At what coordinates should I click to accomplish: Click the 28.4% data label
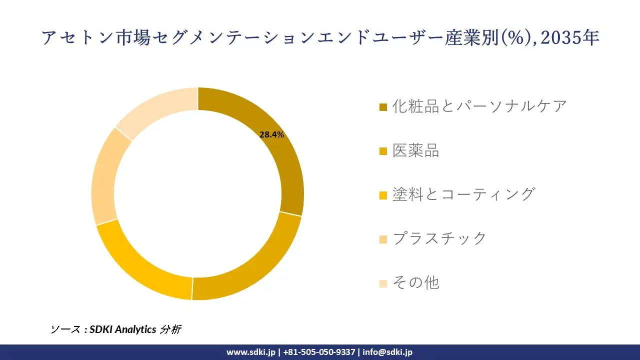[x=271, y=134]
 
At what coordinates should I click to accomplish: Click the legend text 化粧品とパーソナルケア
[x=479, y=106]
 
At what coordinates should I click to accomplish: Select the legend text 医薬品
[x=415, y=150]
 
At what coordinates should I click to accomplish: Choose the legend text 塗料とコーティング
[x=463, y=194]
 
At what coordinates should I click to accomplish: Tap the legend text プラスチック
[x=439, y=238]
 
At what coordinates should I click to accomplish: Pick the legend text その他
[x=415, y=282]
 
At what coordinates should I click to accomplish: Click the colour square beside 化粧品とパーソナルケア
[x=383, y=107]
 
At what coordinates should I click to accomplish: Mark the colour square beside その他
[x=383, y=283]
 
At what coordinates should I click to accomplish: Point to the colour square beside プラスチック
[x=383, y=239]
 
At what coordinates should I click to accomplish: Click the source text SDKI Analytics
[x=123, y=329]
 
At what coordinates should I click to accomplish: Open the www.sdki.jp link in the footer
[x=250, y=352]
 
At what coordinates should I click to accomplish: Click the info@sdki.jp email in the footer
[x=387, y=352]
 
